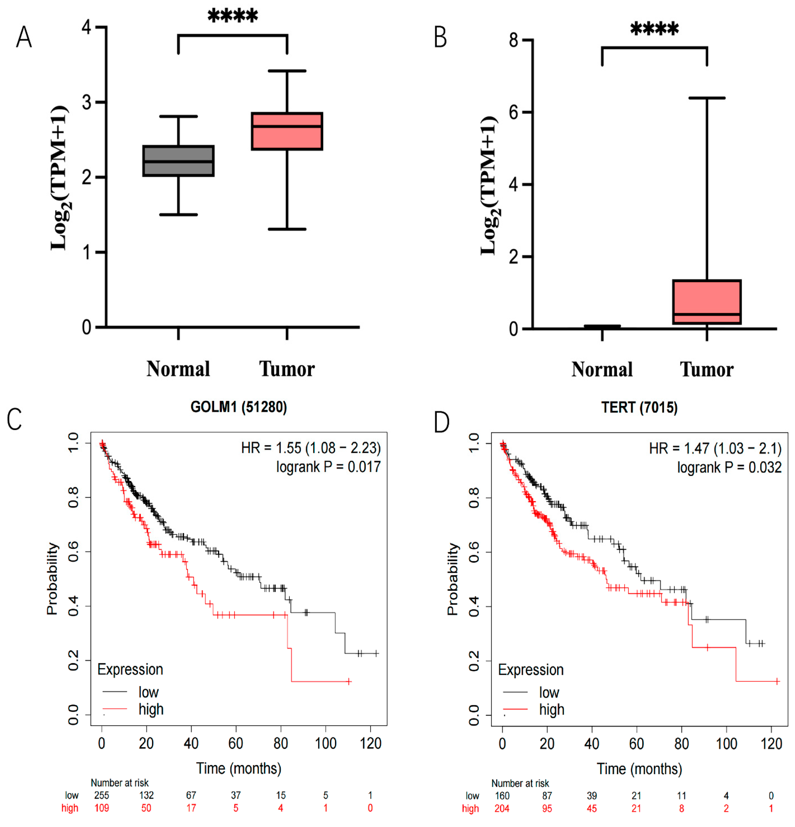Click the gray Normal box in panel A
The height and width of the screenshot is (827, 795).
(x=178, y=161)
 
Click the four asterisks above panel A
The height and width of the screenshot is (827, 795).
(x=233, y=16)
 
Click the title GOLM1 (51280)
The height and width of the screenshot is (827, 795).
(x=238, y=407)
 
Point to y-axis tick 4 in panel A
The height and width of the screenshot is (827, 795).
(x=86, y=27)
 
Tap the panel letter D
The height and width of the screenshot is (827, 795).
(x=441, y=422)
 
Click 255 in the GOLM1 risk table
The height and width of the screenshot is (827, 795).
(x=102, y=795)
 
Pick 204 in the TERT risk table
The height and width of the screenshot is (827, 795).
(x=502, y=808)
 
